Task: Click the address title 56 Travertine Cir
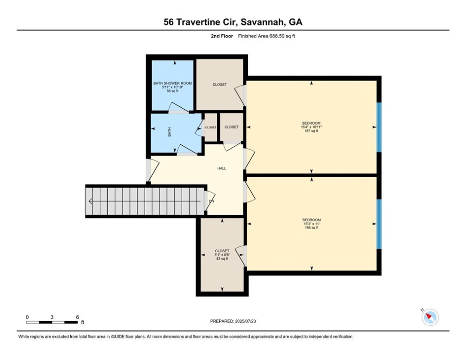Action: (233, 22)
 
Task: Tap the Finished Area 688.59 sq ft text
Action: (266, 36)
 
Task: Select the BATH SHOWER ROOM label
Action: (173, 83)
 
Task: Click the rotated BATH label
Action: (170, 133)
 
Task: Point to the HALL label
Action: (222, 168)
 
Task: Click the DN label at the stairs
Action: (211, 202)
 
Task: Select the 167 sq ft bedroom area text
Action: (311, 131)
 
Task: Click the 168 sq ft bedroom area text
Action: (311, 228)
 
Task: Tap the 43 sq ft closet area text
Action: (222, 259)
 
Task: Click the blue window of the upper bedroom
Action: (379, 127)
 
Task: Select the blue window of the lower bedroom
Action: (379, 224)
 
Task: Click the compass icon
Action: (429, 317)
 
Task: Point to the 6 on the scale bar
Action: (77, 317)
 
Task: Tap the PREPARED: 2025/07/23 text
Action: (233, 321)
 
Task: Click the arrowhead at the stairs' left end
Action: (89, 202)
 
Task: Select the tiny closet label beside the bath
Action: (211, 127)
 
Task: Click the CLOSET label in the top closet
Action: (220, 85)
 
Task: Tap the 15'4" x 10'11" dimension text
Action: (311, 127)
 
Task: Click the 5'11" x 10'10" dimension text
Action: (173, 87)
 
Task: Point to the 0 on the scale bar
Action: (27, 317)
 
